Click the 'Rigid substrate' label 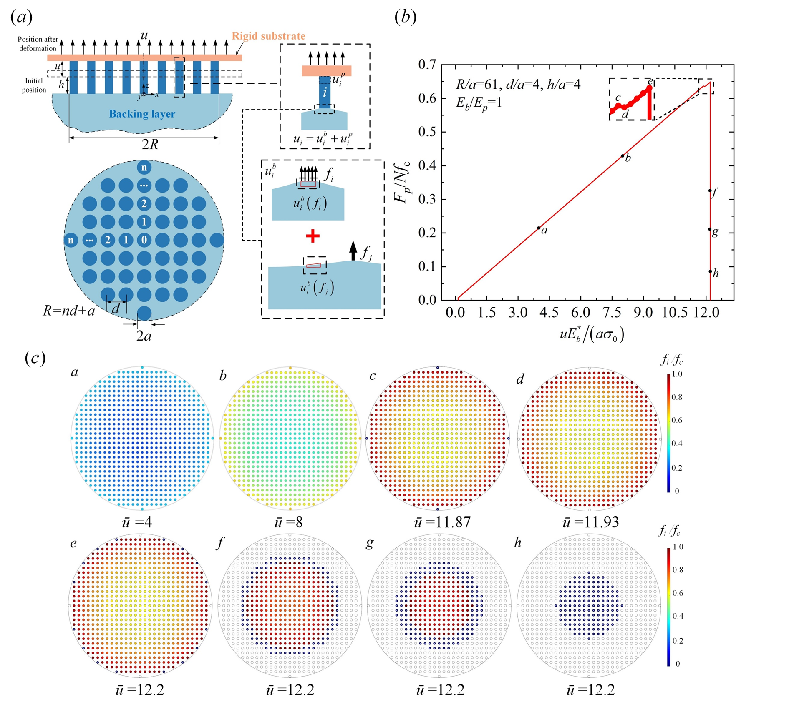268,36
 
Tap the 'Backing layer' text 142,114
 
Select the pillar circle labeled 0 144,240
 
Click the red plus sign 313,236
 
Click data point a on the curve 539,228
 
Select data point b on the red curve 623,156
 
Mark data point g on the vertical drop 710,229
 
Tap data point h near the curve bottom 710,271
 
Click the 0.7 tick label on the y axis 427,65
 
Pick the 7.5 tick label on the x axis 612,313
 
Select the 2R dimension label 150,145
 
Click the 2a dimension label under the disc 144,336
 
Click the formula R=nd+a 69,311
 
